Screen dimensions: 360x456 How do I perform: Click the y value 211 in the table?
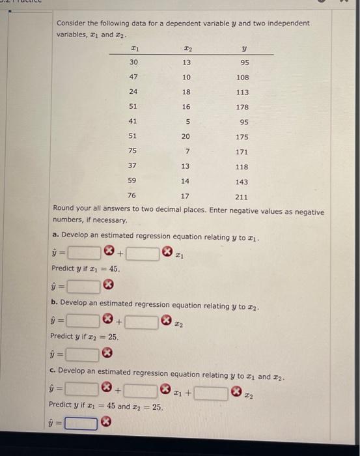click(242, 196)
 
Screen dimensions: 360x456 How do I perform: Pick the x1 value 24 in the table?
click(133, 93)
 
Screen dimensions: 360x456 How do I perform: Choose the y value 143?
click(242, 182)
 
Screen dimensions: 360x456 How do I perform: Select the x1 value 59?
click(133, 181)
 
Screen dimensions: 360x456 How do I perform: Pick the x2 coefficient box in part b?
click(142, 321)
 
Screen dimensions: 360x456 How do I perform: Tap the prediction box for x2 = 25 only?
click(81, 355)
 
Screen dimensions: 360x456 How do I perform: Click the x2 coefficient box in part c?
click(210, 392)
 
